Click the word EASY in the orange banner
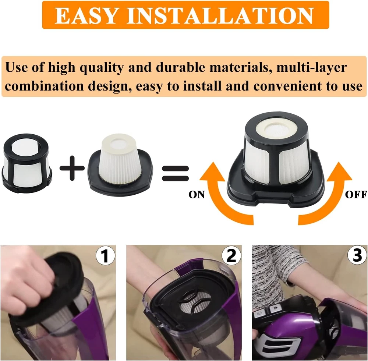coord(86,15)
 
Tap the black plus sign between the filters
coord(72,168)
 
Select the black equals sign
coord(175,173)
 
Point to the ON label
coord(197,195)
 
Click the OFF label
coord(356,195)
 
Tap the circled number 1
coord(106,255)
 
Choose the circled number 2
coord(231,255)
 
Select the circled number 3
coord(357,255)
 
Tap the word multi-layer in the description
coord(311,68)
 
